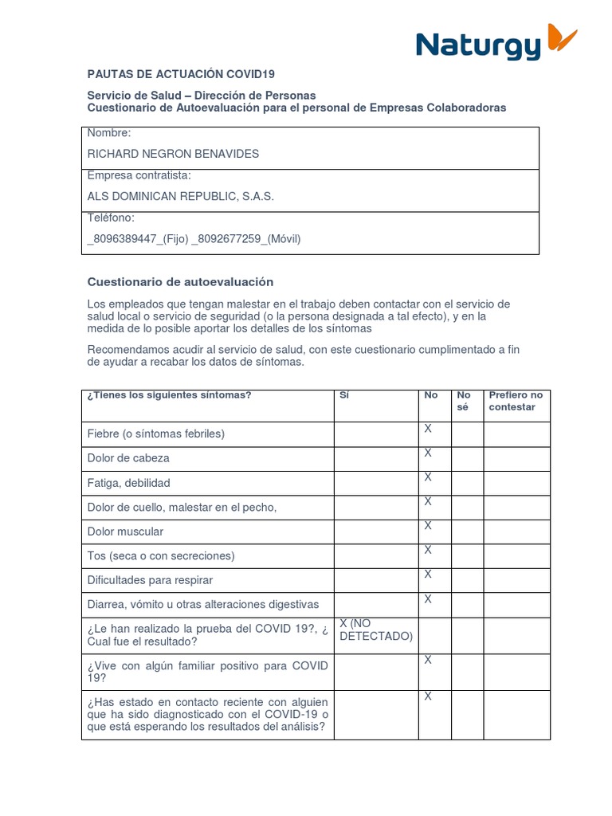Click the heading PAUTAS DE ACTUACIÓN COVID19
pos(181,74)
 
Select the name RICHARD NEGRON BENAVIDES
pos(173,154)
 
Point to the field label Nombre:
pos(109,133)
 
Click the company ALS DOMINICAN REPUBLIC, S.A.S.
pos(180,196)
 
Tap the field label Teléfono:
pos(111,218)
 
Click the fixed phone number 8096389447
pos(122,238)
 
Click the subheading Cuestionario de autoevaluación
pos(180,281)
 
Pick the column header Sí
pos(344,395)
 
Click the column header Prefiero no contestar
pos(516,401)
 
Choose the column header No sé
pos(464,401)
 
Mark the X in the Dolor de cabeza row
pos(428,453)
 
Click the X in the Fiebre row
pos(428,429)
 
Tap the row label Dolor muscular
pos(125,532)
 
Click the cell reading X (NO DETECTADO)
pos(375,630)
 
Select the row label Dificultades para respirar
pos(150,580)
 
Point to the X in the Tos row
pos(428,550)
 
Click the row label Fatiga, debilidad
pos(128,483)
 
